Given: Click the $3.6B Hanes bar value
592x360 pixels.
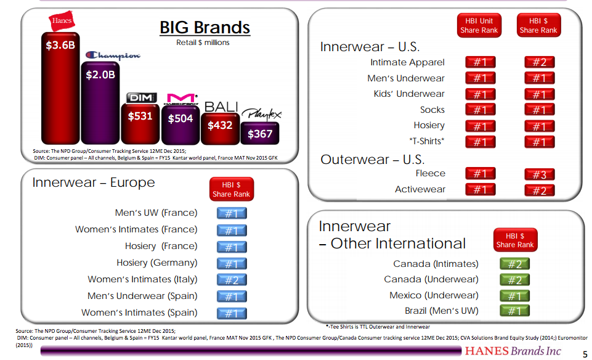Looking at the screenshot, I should click(60, 45).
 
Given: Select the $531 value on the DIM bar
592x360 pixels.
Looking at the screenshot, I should click(140, 115).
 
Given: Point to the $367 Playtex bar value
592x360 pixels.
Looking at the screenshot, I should click(259, 133).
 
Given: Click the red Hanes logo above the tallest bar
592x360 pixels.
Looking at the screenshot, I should click(60, 22).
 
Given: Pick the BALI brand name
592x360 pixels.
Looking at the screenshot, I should click(221, 107).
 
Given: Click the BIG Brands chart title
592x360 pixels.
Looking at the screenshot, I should click(205, 28).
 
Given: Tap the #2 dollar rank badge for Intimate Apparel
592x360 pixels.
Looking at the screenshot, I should click(539, 62).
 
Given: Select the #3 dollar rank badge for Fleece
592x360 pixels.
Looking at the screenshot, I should click(539, 174).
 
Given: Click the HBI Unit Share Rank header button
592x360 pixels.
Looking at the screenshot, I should click(479, 25).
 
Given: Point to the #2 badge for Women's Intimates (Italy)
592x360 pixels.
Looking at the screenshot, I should click(232, 280).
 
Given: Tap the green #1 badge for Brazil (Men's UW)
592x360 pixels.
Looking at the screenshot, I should click(514, 311).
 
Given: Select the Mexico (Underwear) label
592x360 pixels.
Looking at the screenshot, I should click(434, 295).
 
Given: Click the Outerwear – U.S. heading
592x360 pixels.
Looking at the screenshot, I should click(372, 159).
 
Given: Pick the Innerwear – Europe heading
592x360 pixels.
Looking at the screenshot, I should click(94, 182).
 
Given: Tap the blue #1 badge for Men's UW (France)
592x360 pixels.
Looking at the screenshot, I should click(232, 213).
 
